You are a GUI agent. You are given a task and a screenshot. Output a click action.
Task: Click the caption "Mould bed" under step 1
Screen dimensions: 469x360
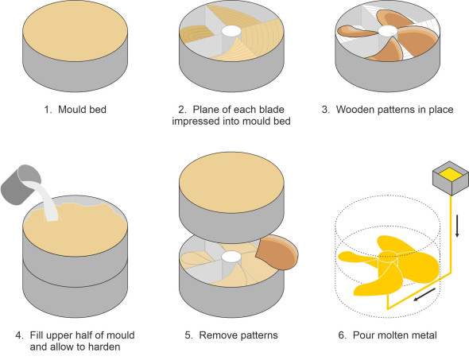coord(82,110)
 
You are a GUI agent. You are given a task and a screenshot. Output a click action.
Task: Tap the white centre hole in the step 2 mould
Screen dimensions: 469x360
coord(231,31)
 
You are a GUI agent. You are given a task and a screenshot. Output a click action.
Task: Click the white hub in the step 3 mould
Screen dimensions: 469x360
coord(388,30)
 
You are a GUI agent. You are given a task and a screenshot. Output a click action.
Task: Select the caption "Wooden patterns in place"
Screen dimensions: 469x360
coord(394,110)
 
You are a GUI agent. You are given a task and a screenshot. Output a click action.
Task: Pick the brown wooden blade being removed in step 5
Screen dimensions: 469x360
coord(277,252)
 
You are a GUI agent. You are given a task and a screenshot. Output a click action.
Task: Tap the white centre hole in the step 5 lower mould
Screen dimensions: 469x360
coord(231,257)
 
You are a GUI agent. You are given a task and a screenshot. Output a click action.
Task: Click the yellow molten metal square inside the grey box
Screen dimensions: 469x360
coord(451,174)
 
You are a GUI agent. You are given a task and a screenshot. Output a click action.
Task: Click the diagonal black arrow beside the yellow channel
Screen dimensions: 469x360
coord(424,295)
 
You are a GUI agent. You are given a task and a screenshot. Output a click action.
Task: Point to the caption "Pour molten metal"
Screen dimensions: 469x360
coord(395,335)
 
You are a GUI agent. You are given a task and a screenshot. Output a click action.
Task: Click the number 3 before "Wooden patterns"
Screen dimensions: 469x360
coord(325,110)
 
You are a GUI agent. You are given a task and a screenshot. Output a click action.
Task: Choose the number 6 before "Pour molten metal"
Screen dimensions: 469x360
coord(342,335)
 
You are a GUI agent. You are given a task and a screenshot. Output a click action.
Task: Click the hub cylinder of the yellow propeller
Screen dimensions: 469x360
coord(388,260)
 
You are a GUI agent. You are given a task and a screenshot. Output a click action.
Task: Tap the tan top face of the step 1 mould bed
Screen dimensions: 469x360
coord(75,31)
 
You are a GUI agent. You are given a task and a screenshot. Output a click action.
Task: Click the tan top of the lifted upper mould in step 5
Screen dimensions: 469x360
coord(231,182)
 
